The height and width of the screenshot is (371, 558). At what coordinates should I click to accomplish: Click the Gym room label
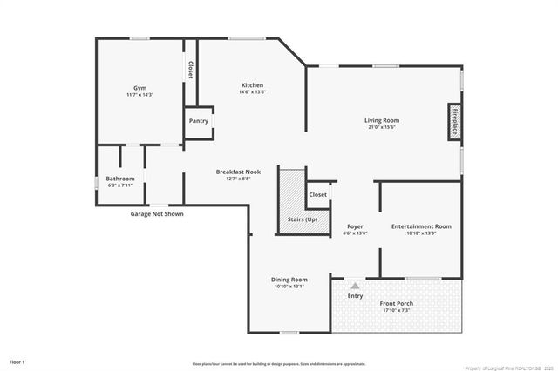coord(139,88)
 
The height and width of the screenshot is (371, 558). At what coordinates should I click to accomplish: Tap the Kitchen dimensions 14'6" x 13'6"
coord(252,92)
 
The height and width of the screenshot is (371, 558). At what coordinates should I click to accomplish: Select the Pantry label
coord(198,121)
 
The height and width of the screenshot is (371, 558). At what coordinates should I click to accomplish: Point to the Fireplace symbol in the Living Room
coord(454,122)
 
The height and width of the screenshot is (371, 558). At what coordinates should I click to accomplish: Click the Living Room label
coord(381,120)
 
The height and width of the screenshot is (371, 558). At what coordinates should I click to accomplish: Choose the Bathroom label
coord(121,179)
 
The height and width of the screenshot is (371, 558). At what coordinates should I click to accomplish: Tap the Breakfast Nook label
coord(238,172)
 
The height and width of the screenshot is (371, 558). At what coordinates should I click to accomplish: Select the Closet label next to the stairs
coord(318,194)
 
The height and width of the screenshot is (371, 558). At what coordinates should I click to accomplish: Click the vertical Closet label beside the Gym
coord(189,70)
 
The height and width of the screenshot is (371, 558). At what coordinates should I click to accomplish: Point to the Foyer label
coord(355,226)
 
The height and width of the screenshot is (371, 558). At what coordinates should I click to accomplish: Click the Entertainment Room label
coord(421,226)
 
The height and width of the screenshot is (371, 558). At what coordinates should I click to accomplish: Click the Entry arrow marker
coord(355,285)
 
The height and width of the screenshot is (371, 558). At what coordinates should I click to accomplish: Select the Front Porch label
coord(396,303)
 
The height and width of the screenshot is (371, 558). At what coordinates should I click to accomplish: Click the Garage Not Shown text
coord(157,213)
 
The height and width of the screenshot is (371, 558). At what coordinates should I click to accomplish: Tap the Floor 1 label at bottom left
coord(17,361)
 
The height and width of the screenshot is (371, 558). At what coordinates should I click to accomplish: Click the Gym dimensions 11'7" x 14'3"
coord(139,94)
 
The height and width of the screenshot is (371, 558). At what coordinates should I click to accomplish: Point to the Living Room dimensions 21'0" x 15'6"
coord(381,127)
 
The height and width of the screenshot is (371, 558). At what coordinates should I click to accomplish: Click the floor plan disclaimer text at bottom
coord(278,362)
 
